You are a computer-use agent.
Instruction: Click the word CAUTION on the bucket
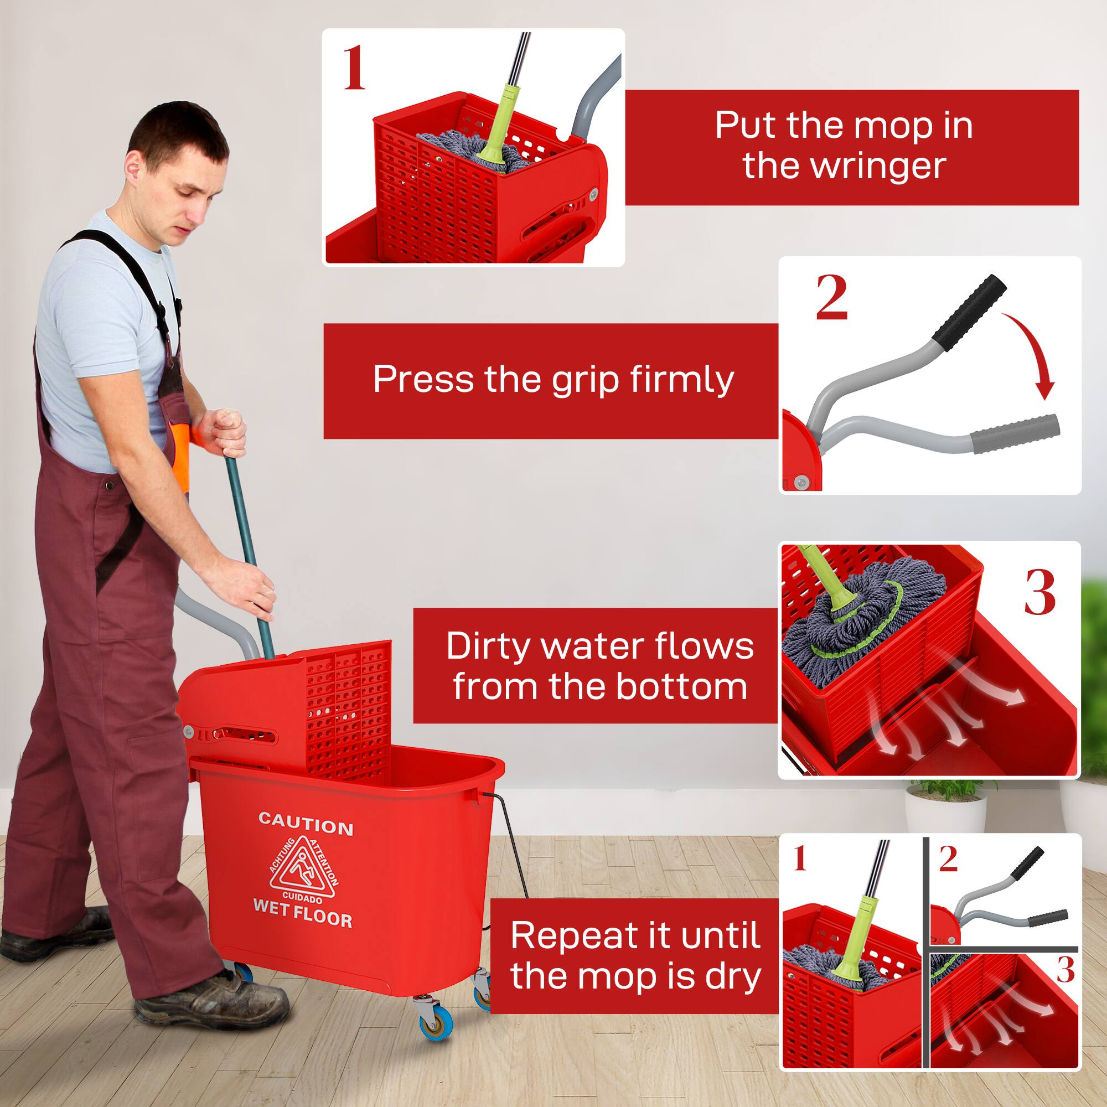pyautogui.click(x=306, y=826)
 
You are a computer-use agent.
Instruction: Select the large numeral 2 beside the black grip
pyautogui.click(x=831, y=298)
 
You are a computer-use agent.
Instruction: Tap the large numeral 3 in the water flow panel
pyautogui.click(x=1039, y=594)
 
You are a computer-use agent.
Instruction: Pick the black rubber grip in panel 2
pyautogui.click(x=968, y=307)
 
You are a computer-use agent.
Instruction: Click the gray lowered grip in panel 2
pyautogui.click(x=1015, y=434)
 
